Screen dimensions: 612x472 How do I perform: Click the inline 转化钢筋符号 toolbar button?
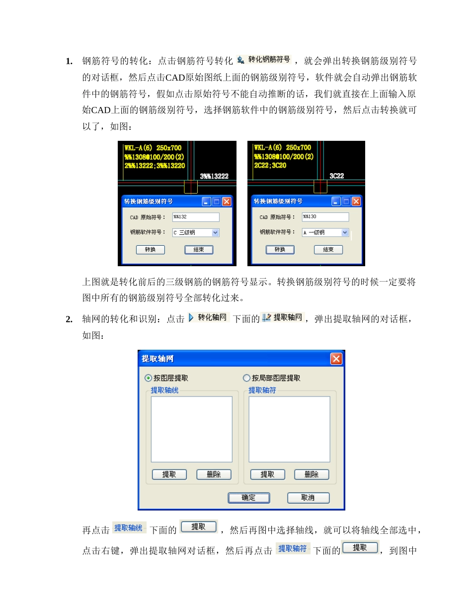(264, 60)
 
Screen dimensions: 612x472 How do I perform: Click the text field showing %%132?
(196, 217)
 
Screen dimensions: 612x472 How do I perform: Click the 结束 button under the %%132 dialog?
(199, 250)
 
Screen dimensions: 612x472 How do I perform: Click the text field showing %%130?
(325, 217)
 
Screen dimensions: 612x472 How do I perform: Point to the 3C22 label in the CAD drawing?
(337, 176)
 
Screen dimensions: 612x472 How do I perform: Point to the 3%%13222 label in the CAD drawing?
(214, 176)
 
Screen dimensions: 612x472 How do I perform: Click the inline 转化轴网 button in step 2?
(208, 317)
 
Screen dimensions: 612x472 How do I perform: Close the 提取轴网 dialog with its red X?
(336, 359)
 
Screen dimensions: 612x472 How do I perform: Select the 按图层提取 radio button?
(148, 378)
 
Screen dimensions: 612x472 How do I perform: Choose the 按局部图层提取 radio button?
(246, 378)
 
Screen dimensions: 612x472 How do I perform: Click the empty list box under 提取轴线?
(191, 429)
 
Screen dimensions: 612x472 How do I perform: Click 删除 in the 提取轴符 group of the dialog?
(312, 475)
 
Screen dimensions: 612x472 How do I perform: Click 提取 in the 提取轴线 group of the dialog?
(169, 475)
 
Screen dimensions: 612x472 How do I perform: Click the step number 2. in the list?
(69, 319)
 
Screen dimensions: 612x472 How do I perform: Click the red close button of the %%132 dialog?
(227, 202)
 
